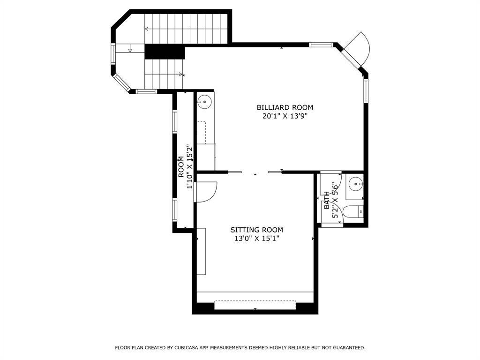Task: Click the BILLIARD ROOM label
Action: (285, 107)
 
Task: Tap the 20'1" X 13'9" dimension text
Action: (285, 116)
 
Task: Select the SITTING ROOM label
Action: (256, 230)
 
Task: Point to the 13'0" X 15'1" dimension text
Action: (256, 239)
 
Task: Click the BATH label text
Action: (327, 200)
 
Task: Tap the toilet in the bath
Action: (354, 211)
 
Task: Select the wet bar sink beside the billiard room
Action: (204, 101)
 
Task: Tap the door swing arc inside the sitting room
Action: (206, 192)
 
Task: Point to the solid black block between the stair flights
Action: (165, 52)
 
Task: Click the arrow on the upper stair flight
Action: (147, 29)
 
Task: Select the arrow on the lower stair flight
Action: (181, 74)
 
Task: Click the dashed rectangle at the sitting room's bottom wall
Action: (255, 305)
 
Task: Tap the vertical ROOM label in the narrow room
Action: (181, 166)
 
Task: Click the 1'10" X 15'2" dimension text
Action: (190, 166)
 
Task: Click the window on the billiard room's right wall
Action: (366, 91)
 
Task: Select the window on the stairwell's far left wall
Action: (113, 54)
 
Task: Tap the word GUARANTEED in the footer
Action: (349, 348)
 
